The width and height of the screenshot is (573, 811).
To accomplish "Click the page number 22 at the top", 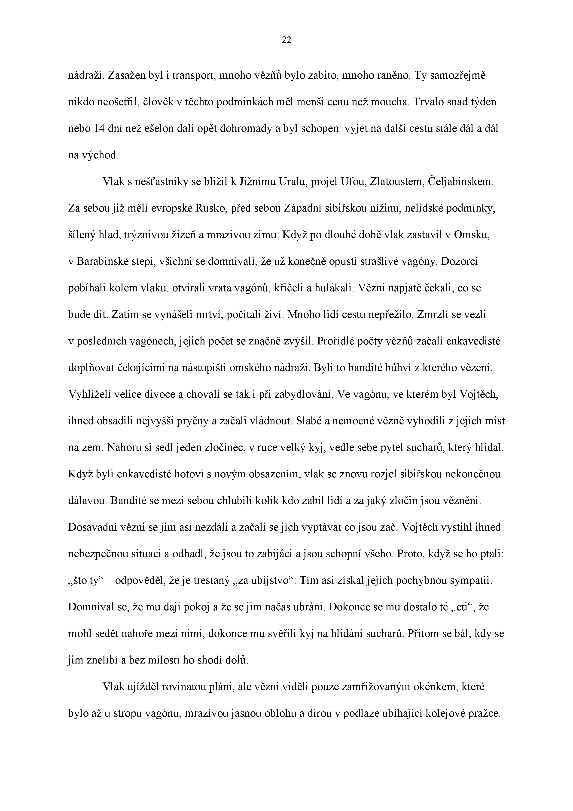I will click(286, 40).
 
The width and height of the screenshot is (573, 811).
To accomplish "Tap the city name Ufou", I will click(353, 182).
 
